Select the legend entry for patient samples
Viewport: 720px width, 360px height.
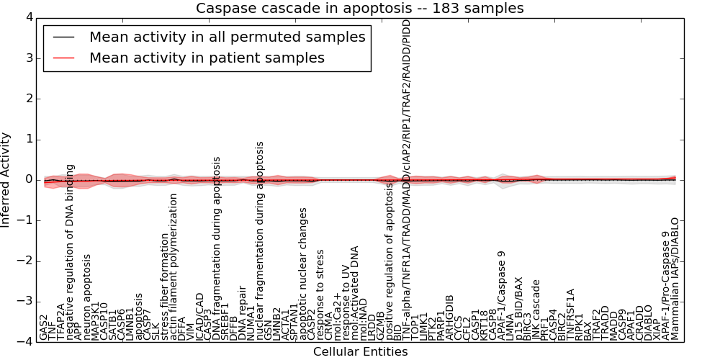tap(207, 58)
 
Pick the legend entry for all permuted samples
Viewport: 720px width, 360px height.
tap(227, 37)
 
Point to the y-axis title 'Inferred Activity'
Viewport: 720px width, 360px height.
tap(6, 179)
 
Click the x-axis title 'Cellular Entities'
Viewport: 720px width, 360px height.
tap(360, 352)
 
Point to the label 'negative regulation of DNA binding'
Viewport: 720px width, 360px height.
tap(70, 252)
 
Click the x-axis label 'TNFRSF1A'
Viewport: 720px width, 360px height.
tap(571, 314)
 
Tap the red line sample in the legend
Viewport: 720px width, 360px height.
tap(64, 58)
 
